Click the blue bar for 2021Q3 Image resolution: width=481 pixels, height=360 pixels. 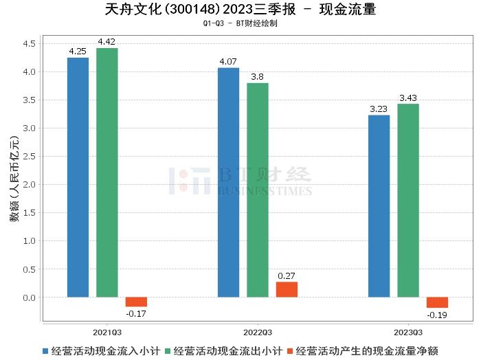(x=78, y=177)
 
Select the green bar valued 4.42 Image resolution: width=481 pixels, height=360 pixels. (x=107, y=172)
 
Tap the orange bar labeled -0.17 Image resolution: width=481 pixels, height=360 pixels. (x=136, y=302)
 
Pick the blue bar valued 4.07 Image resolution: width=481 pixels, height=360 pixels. (x=228, y=183)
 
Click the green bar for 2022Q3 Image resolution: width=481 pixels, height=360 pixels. (x=258, y=190)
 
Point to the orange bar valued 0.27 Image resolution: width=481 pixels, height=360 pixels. (x=287, y=290)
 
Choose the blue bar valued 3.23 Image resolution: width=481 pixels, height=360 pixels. (x=379, y=206)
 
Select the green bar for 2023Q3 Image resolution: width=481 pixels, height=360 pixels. (x=407, y=201)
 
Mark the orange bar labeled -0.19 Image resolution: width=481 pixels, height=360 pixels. (x=437, y=303)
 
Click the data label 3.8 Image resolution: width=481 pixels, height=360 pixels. (x=258, y=77)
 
